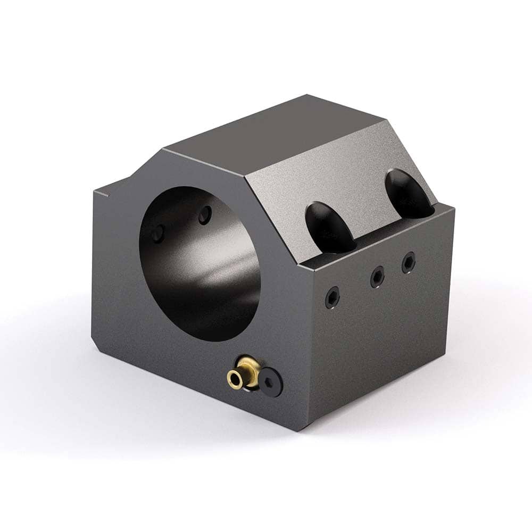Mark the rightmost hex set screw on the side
tap(408, 262)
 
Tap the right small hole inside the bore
tap(205, 214)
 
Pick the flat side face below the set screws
tap(383, 340)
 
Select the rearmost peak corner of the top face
tap(307, 96)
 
